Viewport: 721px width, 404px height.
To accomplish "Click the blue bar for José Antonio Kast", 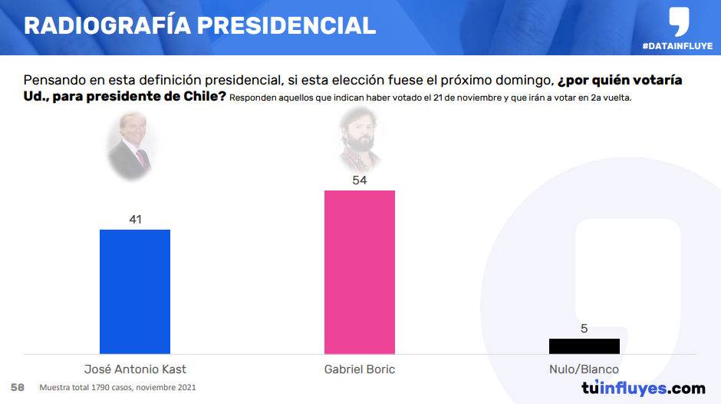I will coord(135,291).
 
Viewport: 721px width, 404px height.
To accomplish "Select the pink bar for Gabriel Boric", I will coord(360,272).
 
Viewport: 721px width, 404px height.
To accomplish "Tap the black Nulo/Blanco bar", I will coord(584,346).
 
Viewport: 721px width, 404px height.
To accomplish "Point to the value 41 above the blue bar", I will coord(135,220).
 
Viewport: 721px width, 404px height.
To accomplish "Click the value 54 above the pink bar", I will coord(360,180).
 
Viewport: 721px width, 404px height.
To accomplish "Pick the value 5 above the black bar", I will coord(584,329).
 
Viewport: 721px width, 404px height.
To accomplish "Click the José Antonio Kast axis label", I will coord(135,369).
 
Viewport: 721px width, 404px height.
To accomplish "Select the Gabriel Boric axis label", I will coord(360,369).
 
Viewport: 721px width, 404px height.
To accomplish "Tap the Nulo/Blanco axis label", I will coord(584,369).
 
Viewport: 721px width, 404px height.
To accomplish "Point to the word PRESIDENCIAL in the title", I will coord(286,25).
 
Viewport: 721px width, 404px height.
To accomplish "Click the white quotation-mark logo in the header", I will coord(678,22).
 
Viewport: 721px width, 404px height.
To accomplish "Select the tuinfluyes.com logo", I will coord(643,388).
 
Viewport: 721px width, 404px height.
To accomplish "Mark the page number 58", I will coord(17,387).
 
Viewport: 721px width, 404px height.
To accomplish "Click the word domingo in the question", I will coord(525,80).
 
